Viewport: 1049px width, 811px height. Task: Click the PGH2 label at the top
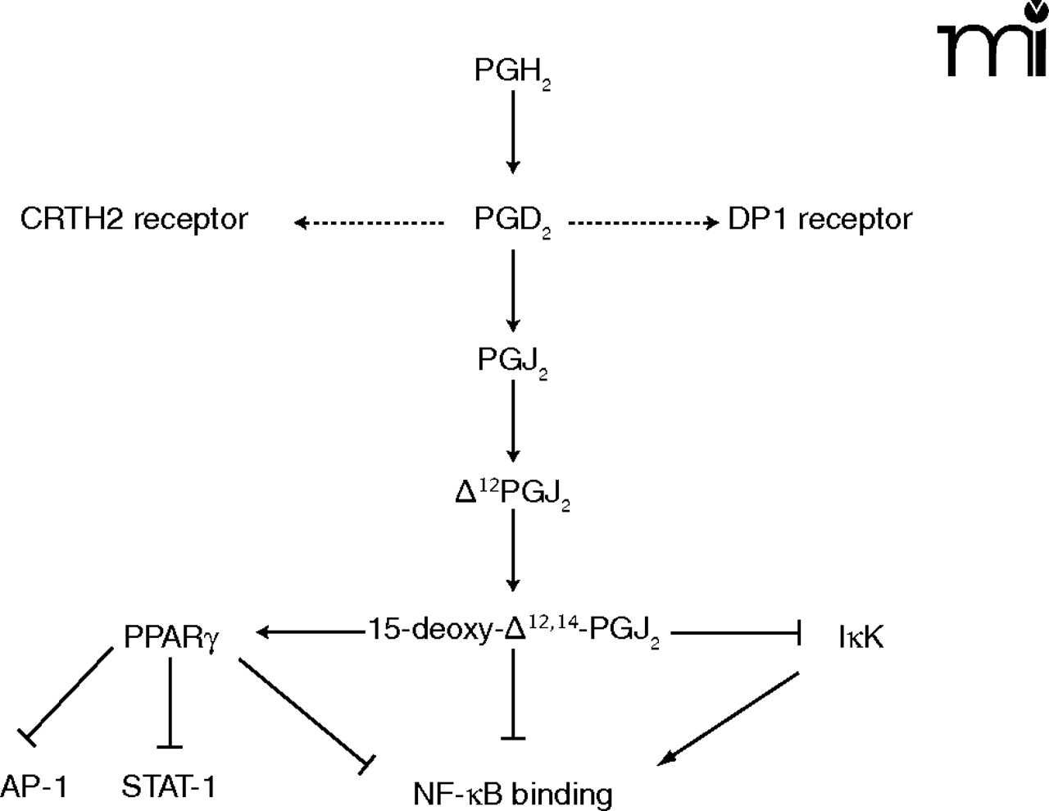(x=511, y=72)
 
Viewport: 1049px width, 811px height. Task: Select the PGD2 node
(x=511, y=220)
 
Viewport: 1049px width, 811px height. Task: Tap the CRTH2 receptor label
(x=134, y=219)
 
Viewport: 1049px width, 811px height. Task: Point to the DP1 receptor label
(x=820, y=219)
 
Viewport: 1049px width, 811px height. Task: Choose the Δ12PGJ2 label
(x=512, y=493)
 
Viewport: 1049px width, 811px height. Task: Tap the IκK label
(x=861, y=636)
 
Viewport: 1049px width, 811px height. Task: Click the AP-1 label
(x=34, y=786)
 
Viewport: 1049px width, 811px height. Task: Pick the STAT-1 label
(x=169, y=786)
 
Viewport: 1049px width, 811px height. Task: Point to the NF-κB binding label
(x=513, y=793)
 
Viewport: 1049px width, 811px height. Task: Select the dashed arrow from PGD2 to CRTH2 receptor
(x=368, y=221)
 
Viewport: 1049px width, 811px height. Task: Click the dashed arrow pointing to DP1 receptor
(x=643, y=221)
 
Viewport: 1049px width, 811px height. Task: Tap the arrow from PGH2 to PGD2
(x=513, y=131)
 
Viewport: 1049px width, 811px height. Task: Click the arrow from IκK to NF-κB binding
(x=729, y=719)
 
